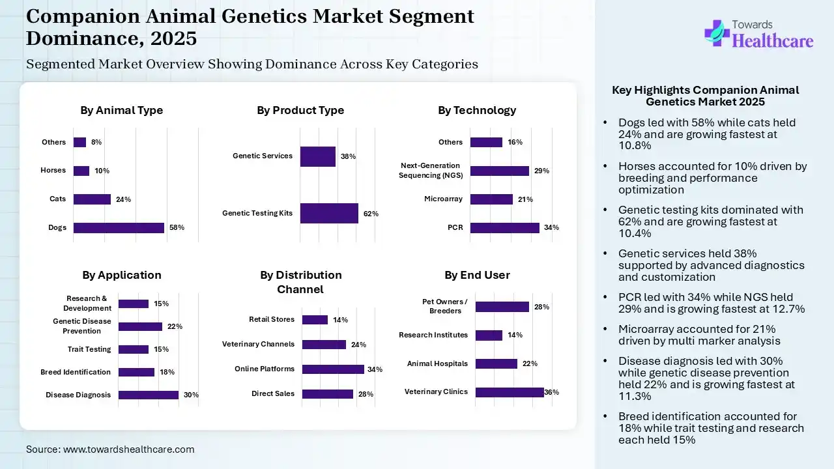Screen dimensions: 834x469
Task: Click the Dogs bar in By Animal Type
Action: tap(119, 228)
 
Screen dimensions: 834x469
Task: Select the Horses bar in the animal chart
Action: tap(81, 171)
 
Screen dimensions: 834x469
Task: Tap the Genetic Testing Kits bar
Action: tap(329, 213)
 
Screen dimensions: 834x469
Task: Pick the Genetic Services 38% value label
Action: tap(348, 156)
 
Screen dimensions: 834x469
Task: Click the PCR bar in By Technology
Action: tap(504, 228)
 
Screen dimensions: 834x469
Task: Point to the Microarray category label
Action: tap(443, 199)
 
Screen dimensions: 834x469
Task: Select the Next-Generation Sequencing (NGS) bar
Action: tap(499, 171)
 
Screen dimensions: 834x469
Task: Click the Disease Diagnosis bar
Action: tap(149, 395)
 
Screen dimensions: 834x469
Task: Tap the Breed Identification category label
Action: tap(76, 372)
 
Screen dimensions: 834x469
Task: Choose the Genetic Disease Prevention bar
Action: tap(140, 326)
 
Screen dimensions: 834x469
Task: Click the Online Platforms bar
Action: tap(333, 369)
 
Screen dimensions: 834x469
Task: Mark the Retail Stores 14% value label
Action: tap(340, 320)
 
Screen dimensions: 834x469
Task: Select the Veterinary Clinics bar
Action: tap(510, 392)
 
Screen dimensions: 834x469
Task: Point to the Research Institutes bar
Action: tap(489, 335)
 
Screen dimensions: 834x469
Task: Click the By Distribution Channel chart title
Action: tap(301, 282)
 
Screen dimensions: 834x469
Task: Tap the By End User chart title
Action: tap(477, 275)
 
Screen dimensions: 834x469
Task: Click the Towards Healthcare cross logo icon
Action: tap(717, 33)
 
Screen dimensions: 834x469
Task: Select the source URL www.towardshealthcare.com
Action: tap(129, 449)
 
